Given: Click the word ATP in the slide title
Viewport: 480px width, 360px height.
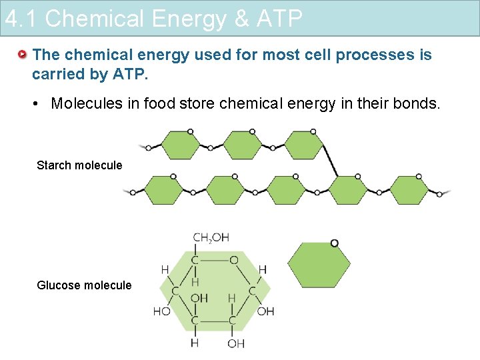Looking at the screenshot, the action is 278,19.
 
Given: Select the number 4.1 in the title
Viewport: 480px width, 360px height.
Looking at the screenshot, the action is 22,19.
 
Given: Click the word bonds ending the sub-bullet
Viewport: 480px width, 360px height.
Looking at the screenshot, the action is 418,103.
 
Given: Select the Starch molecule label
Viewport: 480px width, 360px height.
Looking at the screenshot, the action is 79,165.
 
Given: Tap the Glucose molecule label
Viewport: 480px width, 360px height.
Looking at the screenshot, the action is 84,285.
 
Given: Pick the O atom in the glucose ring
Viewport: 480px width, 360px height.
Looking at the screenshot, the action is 234,260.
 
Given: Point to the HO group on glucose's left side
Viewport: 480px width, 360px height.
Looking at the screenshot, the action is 161,311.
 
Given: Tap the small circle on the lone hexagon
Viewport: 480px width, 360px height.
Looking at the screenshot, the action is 334,243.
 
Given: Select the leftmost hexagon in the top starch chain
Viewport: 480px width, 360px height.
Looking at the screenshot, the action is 180,145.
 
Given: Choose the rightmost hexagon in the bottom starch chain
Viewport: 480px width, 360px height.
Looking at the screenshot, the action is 409,191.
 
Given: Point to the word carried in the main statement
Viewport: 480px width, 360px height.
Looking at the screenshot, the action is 58,73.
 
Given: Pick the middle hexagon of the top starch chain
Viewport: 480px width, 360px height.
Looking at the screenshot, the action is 242,145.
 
